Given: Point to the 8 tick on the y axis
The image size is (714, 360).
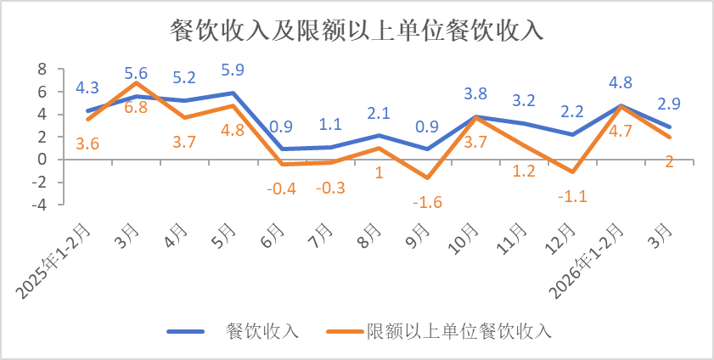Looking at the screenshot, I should (40, 69).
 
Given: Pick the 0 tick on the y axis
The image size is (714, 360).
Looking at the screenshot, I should (40, 160).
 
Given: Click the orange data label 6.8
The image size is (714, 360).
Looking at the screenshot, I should (136, 108).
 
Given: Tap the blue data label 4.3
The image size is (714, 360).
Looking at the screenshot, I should (87, 87).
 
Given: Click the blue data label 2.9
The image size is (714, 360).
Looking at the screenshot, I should (669, 104).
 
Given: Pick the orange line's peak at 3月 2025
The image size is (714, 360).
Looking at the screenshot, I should (136, 82).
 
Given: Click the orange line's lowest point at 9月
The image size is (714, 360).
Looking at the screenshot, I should (427, 177).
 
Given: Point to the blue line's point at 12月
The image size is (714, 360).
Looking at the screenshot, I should (573, 134).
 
